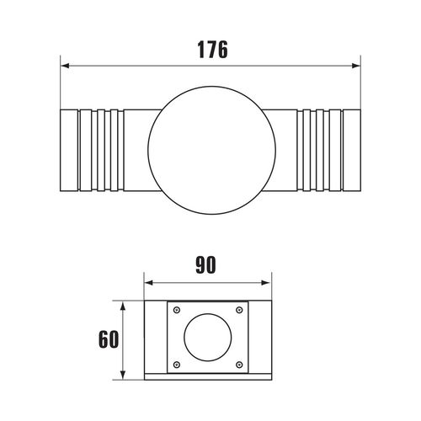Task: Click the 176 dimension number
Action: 213,50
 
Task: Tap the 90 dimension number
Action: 205,264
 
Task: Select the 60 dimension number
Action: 109,339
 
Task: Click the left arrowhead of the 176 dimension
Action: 65,66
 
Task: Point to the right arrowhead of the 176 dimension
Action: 356,66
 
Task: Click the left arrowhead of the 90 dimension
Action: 149,283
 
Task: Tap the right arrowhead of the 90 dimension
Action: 267,283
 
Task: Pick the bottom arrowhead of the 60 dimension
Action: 123,375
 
